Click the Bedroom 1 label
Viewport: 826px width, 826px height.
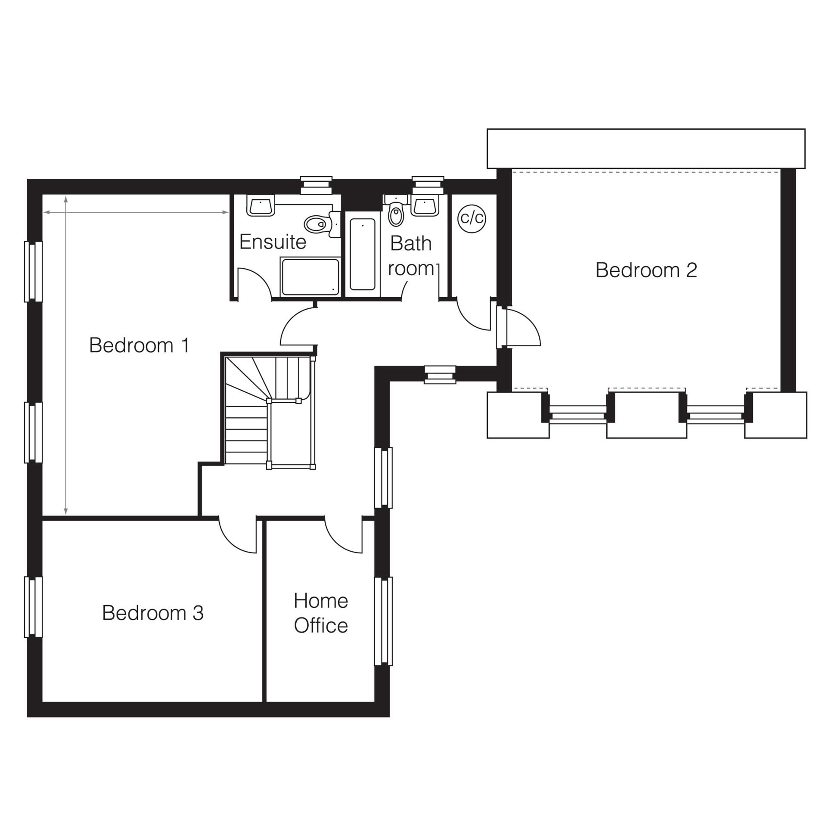coord(139,346)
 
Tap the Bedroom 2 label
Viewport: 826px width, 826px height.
coord(646,270)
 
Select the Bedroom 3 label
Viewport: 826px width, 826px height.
coord(152,613)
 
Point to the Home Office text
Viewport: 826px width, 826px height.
coord(321,613)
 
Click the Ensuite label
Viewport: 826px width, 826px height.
coord(273,242)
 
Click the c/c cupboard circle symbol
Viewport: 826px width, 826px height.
coord(472,218)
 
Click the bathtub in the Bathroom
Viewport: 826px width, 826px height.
coord(362,254)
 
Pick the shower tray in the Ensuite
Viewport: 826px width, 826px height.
coord(310,277)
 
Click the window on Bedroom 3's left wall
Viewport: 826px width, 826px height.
coord(33,607)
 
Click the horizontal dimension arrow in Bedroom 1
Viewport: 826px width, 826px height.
coord(136,212)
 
